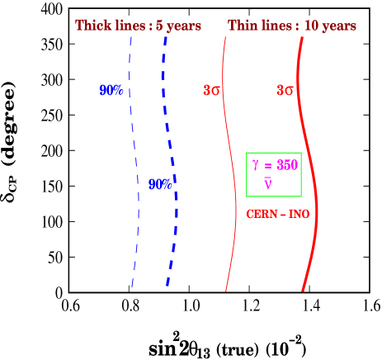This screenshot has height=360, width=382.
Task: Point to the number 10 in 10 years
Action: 312,26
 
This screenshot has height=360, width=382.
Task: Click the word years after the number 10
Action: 339,26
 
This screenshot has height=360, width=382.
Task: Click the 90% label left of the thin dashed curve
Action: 111,90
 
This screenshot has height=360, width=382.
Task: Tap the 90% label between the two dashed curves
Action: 160,184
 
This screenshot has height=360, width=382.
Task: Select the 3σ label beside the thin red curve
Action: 212,90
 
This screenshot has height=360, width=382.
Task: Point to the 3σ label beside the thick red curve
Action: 285,90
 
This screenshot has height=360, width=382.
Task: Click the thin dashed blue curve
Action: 134,165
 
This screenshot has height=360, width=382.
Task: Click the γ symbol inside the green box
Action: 256,165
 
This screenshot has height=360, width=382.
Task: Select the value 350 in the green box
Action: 286,164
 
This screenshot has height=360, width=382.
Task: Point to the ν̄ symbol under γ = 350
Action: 268,182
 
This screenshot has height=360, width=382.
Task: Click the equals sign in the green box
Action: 268,165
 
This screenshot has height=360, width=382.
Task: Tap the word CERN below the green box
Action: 262,215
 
